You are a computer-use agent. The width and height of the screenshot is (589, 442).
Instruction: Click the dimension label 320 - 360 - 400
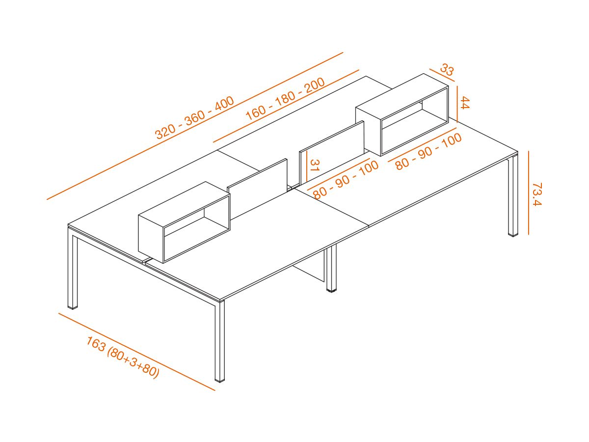point(195,117)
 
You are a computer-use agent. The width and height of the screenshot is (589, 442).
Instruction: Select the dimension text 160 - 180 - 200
point(286,99)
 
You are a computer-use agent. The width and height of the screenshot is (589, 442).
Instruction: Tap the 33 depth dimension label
point(447,69)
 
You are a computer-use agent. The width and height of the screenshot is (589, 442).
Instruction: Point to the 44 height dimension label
point(465,103)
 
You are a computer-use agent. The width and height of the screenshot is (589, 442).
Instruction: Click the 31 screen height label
point(314,166)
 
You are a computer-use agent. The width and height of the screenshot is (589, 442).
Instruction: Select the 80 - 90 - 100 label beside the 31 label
point(346,179)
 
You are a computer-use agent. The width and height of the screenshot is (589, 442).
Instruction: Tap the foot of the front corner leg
point(220,380)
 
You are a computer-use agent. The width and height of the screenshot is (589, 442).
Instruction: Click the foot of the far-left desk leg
point(73,307)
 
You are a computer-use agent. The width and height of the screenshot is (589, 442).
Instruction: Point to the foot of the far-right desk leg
point(513,235)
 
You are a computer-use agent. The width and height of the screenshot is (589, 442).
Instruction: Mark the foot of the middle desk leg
point(331,290)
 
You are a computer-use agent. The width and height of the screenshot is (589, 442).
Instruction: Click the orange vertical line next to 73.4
point(528,193)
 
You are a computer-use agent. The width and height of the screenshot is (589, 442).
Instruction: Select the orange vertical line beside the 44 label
point(457,104)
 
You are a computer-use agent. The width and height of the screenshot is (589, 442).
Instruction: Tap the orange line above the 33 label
point(442,75)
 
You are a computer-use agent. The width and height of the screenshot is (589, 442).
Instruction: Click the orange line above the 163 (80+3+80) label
point(137,352)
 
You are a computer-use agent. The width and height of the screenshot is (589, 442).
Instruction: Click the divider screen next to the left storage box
point(257,189)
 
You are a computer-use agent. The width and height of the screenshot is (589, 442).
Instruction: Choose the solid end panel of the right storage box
point(369,131)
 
